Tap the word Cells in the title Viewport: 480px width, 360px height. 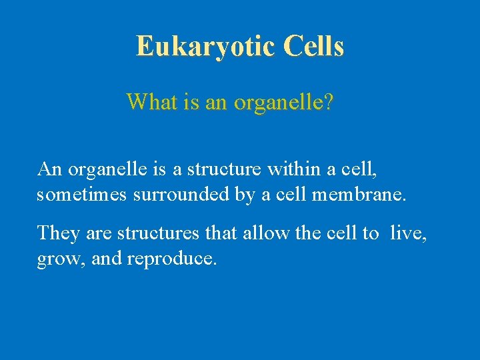(x=313, y=46)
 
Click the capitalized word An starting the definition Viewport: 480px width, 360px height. (x=50, y=169)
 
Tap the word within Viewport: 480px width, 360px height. (x=295, y=169)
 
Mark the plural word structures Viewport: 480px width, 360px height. (x=157, y=233)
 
